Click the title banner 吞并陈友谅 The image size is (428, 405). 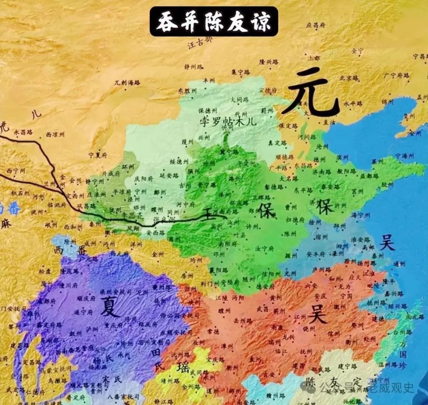coord(214,21)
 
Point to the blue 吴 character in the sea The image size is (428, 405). coord(387,243)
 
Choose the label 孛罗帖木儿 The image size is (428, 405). coord(228,120)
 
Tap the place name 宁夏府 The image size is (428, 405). coord(98,155)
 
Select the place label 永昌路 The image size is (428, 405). coord(24,132)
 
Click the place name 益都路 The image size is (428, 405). coord(357,175)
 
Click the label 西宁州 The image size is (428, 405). coord(16,171)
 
